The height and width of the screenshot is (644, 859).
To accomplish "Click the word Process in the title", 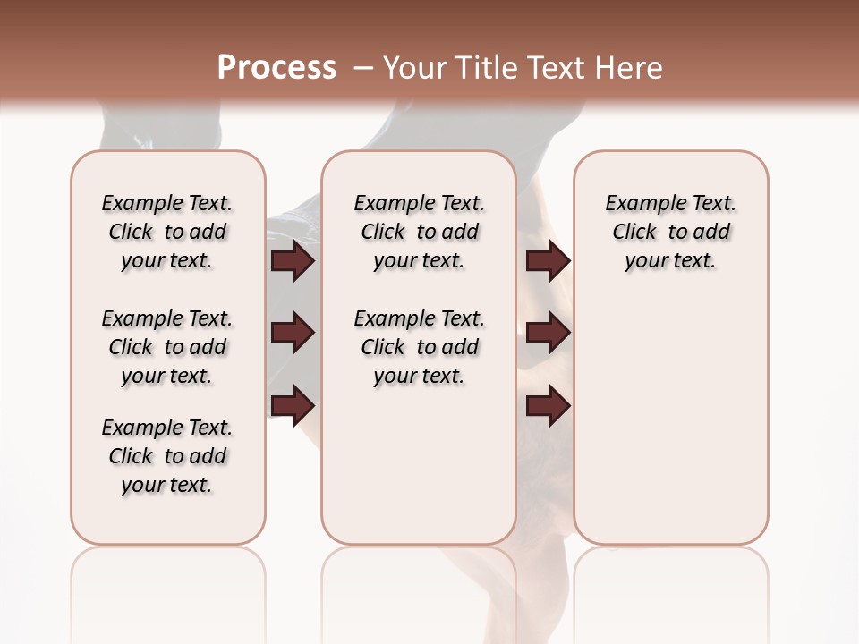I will (x=276, y=68).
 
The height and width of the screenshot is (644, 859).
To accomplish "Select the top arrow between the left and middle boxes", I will (x=293, y=260).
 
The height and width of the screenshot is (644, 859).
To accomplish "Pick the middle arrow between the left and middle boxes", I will (x=293, y=333).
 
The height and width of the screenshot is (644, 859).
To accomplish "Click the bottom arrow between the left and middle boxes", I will (x=293, y=405).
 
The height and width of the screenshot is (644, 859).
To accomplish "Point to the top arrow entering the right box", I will (x=548, y=260).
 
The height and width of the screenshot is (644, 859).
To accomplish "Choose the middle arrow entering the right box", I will (x=548, y=333).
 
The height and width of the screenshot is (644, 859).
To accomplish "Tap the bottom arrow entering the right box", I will (x=548, y=405).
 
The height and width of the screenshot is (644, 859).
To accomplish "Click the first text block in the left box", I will (x=167, y=232).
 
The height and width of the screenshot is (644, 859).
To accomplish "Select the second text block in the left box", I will (x=167, y=347).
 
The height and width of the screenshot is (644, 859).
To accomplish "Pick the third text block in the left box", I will (x=167, y=456).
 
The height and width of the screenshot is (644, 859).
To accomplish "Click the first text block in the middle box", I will (x=419, y=232).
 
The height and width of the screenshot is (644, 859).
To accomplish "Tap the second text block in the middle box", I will (x=419, y=347).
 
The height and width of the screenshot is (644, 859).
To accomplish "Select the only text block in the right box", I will (x=671, y=232).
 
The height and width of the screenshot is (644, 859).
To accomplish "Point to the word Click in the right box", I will (x=634, y=233).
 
